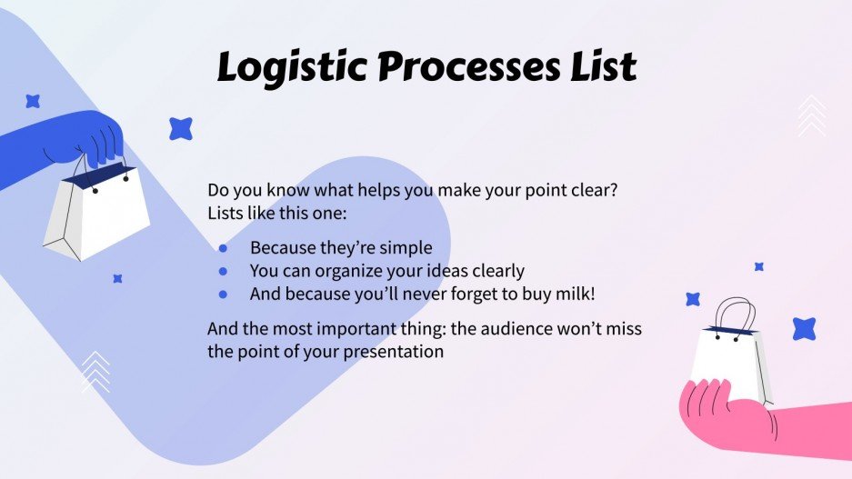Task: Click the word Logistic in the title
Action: [289, 68]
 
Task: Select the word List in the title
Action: [601, 68]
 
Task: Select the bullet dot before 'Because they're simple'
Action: [224, 248]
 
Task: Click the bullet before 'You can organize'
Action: [224, 271]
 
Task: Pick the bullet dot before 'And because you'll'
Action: [224, 294]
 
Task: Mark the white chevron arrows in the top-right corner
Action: [811, 116]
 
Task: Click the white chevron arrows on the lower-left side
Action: [95, 372]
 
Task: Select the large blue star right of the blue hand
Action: [181, 129]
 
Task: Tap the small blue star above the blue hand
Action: [33, 101]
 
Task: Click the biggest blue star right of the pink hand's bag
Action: [804, 329]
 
